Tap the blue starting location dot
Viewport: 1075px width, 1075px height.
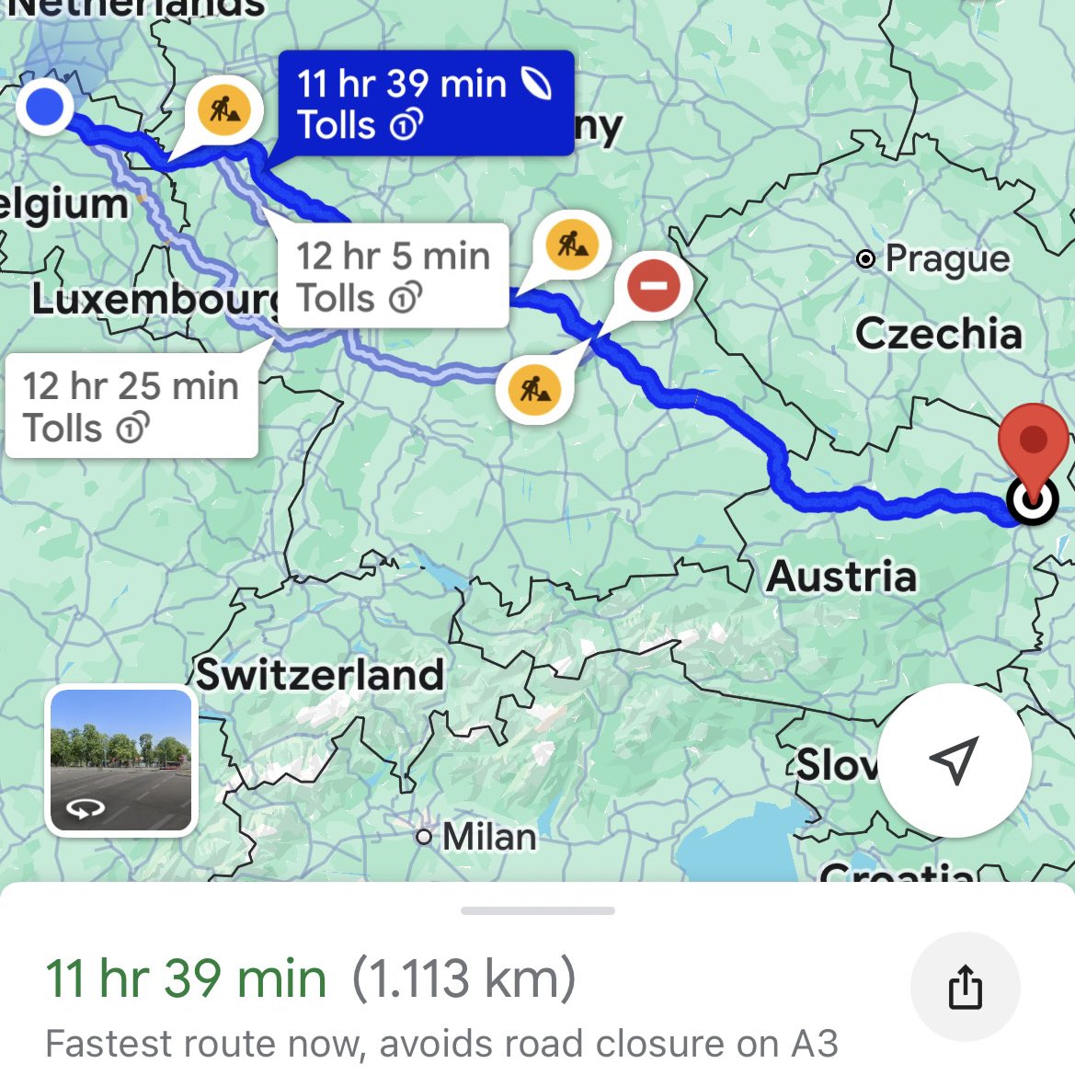click(44, 107)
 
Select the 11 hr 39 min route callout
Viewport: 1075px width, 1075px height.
click(425, 103)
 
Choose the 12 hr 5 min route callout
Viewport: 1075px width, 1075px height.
click(393, 276)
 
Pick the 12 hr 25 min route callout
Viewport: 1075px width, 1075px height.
click(131, 406)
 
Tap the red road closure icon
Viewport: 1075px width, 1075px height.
click(654, 285)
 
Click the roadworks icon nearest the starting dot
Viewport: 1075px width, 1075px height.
click(224, 110)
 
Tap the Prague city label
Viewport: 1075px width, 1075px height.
click(945, 259)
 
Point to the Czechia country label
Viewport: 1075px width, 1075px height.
click(938, 333)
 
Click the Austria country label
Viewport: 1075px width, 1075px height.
click(841, 577)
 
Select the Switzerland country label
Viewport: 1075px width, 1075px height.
click(320, 674)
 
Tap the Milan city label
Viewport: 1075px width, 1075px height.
click(488, 837)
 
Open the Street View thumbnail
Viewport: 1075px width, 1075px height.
click(120, 761)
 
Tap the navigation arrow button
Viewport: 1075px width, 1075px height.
click(954, 761)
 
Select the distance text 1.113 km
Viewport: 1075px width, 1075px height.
click(464, 978)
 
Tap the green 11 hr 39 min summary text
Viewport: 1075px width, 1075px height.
click(186, 978)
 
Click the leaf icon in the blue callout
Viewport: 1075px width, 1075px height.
click(537, 85)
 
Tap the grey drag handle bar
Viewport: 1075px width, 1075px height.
click(537, 910)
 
